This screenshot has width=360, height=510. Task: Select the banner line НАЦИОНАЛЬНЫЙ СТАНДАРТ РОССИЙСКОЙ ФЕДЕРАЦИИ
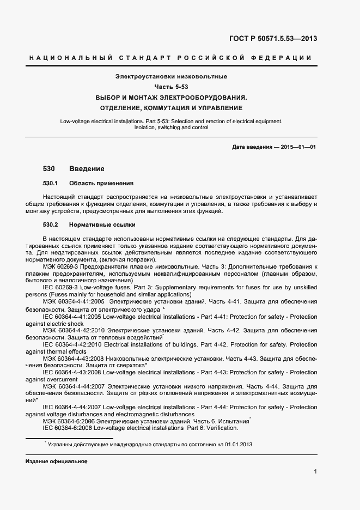coord(170,58)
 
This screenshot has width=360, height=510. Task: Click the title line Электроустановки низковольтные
coord(171,76)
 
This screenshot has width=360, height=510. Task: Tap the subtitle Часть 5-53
coord(171,87)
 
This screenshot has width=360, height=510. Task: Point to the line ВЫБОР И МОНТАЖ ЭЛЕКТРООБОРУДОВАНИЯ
coord(171,98)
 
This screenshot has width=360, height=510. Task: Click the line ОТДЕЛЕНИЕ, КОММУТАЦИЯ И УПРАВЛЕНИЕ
coord(171,108)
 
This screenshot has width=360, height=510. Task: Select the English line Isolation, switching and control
coord(171,127)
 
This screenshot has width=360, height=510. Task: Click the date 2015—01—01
coord(298,148)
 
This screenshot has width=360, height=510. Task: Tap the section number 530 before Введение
coord(49,169)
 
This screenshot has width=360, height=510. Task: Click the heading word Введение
coord(87,169)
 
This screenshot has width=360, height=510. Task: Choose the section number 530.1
coord(51,183)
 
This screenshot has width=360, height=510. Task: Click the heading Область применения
coord(101,183)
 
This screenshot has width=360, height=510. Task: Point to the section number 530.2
coord(51,224)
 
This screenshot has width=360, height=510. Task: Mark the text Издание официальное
coord(56,461)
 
